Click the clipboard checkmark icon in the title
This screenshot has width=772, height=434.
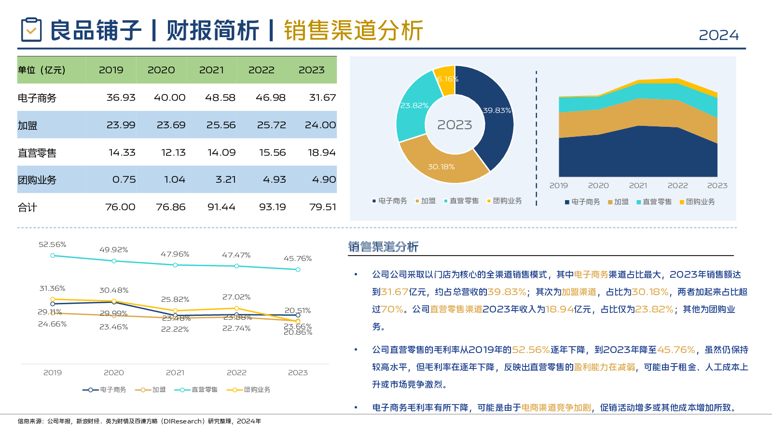[31, 30]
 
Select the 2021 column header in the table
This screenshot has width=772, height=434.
[211, 70]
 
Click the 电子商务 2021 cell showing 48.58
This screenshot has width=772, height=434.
[220, 97]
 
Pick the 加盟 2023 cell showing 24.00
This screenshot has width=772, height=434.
[320, 125]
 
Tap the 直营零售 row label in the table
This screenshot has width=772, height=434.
[37, 153]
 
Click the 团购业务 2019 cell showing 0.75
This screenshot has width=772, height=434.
[124, 179]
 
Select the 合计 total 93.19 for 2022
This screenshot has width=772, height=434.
[272, 207]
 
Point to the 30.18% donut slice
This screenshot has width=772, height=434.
[441, 164]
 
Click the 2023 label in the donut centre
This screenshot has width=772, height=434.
[455, 125]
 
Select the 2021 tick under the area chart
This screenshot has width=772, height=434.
[638, 186]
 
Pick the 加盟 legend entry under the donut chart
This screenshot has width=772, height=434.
[425, 201]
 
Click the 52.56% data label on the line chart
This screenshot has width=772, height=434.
[52, 244]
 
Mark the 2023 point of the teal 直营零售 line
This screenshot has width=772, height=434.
[298, 270]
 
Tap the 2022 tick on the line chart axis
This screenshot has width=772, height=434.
[236, 373]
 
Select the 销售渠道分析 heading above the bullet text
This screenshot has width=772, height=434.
[383, 247]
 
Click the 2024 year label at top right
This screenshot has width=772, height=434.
[718, 35]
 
